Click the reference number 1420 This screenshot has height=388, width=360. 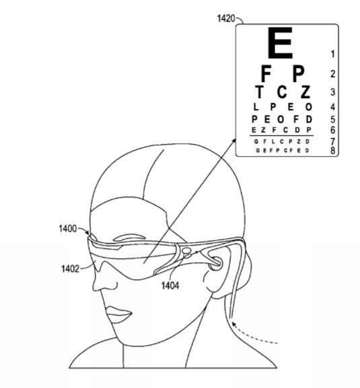click(x=225, y=18)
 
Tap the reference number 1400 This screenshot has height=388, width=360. click(x=67, y=229)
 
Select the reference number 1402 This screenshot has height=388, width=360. click(x=70, y=269)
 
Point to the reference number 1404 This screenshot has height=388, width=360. click(x=170, y=286)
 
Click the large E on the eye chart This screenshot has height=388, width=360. click(x=281, y=43)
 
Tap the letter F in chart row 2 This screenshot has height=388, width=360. click(x=266, y=73)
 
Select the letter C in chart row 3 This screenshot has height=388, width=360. click(x=282, y=91)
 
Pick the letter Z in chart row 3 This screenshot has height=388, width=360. click(x=305, y=91)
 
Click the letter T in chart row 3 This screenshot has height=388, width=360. click(x=259, y=91)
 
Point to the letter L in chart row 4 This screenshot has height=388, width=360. click(x=256, y=107)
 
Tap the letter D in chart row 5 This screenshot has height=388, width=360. click(x=309, y=119)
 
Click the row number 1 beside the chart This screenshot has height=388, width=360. click(x=333, y=54)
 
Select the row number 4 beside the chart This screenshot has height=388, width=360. click(x=333, y=107)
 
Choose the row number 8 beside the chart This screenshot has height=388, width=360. click(x=333, y=151)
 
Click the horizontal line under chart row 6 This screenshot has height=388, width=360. click(x=281, y=136)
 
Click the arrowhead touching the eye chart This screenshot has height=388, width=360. click(x=233, y=141)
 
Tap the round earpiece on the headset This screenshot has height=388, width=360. click(x=215, y=264)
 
